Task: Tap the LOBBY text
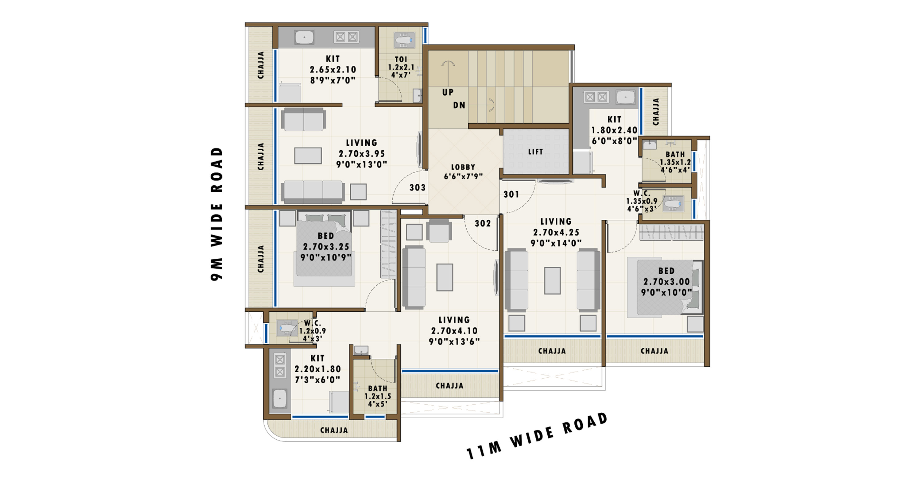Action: (x=463, y=167)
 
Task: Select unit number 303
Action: (x=417, y=187)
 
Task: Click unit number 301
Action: (x=511, y=195)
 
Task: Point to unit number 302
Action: (x=483, y=223)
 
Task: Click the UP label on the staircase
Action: (x=448, y=92)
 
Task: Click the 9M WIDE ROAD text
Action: (x=217, y=214)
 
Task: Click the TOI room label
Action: (x=401, y=59)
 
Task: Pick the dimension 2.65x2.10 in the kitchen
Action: (x=333, y=70)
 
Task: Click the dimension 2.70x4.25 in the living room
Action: (x=556, y=233)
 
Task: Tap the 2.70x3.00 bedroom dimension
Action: (x=666, y=282)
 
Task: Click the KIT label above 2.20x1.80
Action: (x=317, y=358)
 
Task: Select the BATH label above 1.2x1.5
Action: (x=378, y=388)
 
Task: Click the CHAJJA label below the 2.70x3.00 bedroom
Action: (x=654, y=351)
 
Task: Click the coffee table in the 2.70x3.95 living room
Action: (x=308, y=156)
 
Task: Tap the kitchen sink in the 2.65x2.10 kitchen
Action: (x=304, y=37)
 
